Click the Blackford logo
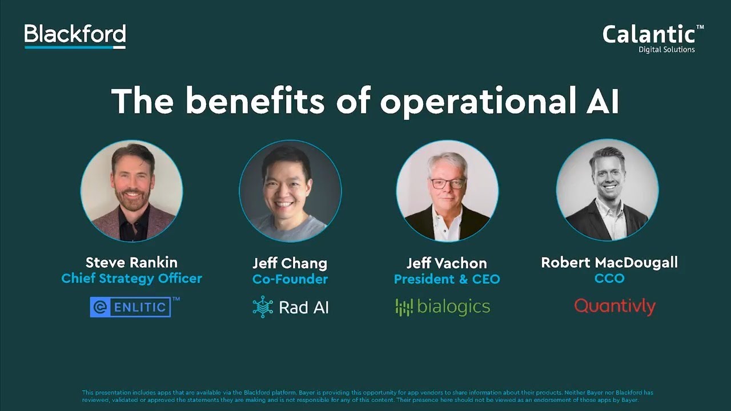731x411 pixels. pyautogui.click(x=75, y=36)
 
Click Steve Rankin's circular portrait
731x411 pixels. pyautogui.click(x=132, y=191)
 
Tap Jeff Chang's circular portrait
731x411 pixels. pyautogui.click(x=290, y=191)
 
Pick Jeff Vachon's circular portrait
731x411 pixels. pyautogui.click(x=447, y=191)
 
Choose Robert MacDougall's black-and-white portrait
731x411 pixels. pyautogui.click(x=607, y=191)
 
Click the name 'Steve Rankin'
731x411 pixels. pyautogui.click(x=131, y=263)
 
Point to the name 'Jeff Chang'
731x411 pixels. pyautogui.click(x=290, y=264)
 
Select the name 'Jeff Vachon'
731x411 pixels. pyautogui.click(x=447, y=264)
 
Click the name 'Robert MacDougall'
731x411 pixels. pyautogui.click(x=609, y=263)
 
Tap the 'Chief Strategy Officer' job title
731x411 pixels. pyautogui.click(x=132, y=279)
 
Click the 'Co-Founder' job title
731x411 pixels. pyautogui.click(x=290, y=279)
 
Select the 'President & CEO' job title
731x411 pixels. pyautogui.click(x=447, y=279)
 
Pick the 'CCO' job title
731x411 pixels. pyautogui.click(x=609, y=279)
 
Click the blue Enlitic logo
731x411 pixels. pyautogui.click(x=131, y=307)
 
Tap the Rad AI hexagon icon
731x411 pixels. pyautogui.click(x=263, y=307)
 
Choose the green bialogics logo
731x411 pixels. pyautogui.click(x=443, y=307)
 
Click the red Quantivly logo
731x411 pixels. pyautogui.click(x=614, y=307)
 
